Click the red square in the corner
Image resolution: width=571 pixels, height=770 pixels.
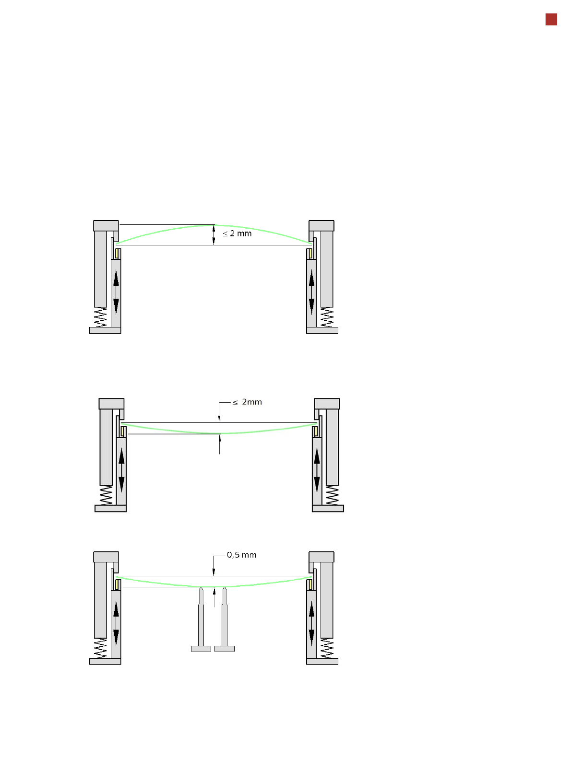551,20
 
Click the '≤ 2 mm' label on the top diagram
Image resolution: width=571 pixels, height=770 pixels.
237,233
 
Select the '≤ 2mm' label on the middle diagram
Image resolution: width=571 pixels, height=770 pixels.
247,402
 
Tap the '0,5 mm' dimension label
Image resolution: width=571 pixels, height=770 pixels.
241,555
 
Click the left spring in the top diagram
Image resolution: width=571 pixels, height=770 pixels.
100,317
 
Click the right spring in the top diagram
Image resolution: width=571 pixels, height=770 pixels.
327,317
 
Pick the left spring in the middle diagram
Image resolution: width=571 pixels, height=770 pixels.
106,495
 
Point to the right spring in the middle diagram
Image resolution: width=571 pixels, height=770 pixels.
332,495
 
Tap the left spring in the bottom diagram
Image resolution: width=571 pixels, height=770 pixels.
100,648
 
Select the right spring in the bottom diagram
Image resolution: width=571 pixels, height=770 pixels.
327,648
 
